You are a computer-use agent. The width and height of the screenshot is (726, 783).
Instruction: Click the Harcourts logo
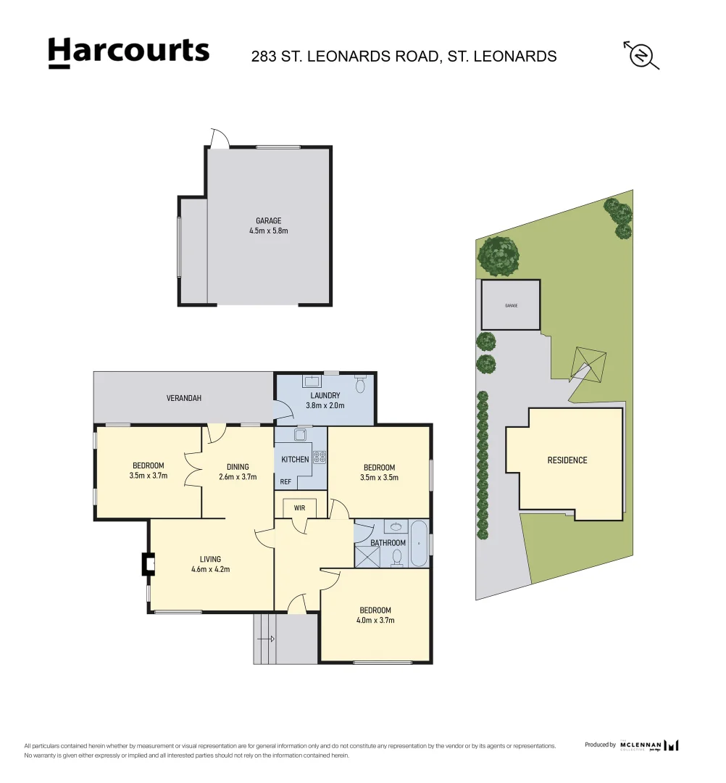pos(129,52)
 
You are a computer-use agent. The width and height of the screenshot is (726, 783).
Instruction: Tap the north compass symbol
pos(641,55)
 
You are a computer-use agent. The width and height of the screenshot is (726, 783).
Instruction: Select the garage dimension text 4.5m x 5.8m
pos(268,231)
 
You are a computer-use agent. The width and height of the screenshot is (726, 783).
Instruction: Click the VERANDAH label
pos(184,398)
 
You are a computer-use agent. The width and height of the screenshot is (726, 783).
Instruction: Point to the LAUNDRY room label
pos(325,395)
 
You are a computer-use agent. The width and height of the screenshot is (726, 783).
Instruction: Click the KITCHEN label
pos(295,459)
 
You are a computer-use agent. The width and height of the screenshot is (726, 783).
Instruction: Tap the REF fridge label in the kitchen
pos(286,482)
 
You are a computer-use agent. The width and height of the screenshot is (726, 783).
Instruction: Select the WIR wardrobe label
pos(299,508)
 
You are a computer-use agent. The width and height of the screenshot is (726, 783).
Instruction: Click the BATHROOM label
pos(388,543)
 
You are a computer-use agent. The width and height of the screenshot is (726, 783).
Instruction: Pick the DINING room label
pos(238,467)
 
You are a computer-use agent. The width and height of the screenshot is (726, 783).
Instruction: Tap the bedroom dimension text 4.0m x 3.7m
pos(375,620)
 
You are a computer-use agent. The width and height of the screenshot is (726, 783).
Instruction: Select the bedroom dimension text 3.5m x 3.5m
pos(379,478)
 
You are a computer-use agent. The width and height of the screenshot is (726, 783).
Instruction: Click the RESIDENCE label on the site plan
pos(567,460)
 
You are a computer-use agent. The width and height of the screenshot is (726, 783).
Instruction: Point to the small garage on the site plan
pos(511,305)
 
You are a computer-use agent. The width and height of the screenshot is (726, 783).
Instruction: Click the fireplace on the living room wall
pos(148,564)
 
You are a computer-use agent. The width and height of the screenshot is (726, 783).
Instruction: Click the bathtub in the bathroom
pos(420,543)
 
